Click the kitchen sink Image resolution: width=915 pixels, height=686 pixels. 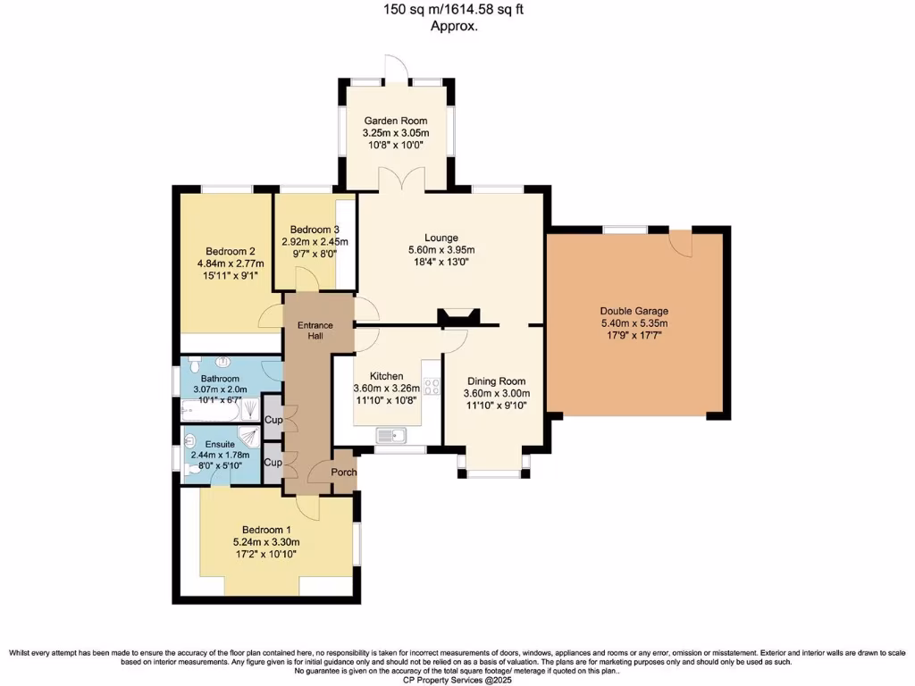[x=392, y=436]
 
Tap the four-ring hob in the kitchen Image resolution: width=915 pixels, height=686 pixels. [x=432, y=387]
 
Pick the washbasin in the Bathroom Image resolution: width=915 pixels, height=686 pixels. [x=222, y=363]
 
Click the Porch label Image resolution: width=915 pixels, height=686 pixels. [x=344, y=473]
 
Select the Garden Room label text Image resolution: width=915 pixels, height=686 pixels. [x=394, y=121]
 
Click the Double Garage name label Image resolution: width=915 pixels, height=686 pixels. [x=634, y=311]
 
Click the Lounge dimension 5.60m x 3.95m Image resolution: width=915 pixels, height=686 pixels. [x=441, y=250]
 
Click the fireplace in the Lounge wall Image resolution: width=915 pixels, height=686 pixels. [x=459, y=316]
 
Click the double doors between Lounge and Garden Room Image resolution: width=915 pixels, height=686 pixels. [x=395, y=181]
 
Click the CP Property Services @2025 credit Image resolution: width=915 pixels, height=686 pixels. [x=457, y=679]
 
